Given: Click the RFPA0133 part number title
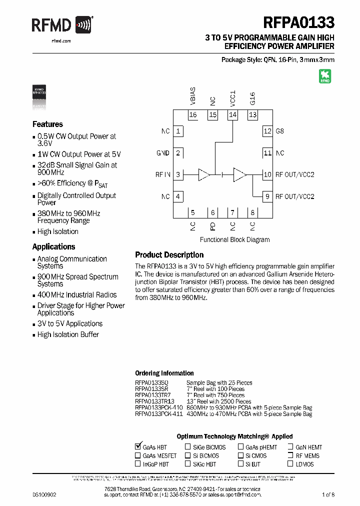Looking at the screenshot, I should pos(298,23).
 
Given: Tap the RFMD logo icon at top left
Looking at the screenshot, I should pos(83,24).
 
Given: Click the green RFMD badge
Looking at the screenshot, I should pos(325,76).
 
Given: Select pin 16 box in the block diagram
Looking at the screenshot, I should pos(193,115).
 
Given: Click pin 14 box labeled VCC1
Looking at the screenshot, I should pos(232,115).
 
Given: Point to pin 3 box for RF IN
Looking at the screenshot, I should pos(178,174).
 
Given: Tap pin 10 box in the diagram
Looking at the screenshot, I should pos(267,174).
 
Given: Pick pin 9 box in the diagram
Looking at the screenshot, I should pos(267,196).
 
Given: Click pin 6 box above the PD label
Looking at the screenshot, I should pos(212,212).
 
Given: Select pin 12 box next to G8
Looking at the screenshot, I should pos(267,131).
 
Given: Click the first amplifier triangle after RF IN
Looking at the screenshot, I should pos(203,174).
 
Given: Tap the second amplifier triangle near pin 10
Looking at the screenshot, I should pos(240,174).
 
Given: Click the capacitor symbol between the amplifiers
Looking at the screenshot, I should pos(222,174).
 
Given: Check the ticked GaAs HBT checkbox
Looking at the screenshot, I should pos(138,446).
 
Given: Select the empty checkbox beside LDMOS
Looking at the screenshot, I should pos(290,464).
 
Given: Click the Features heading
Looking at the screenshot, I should pos(47,124).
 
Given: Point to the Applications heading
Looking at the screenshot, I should pos(53,246).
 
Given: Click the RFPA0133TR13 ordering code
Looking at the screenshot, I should pos(154,401).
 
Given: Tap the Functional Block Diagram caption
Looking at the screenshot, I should pos(234,239).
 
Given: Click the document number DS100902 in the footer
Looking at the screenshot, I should pos(44,494).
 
